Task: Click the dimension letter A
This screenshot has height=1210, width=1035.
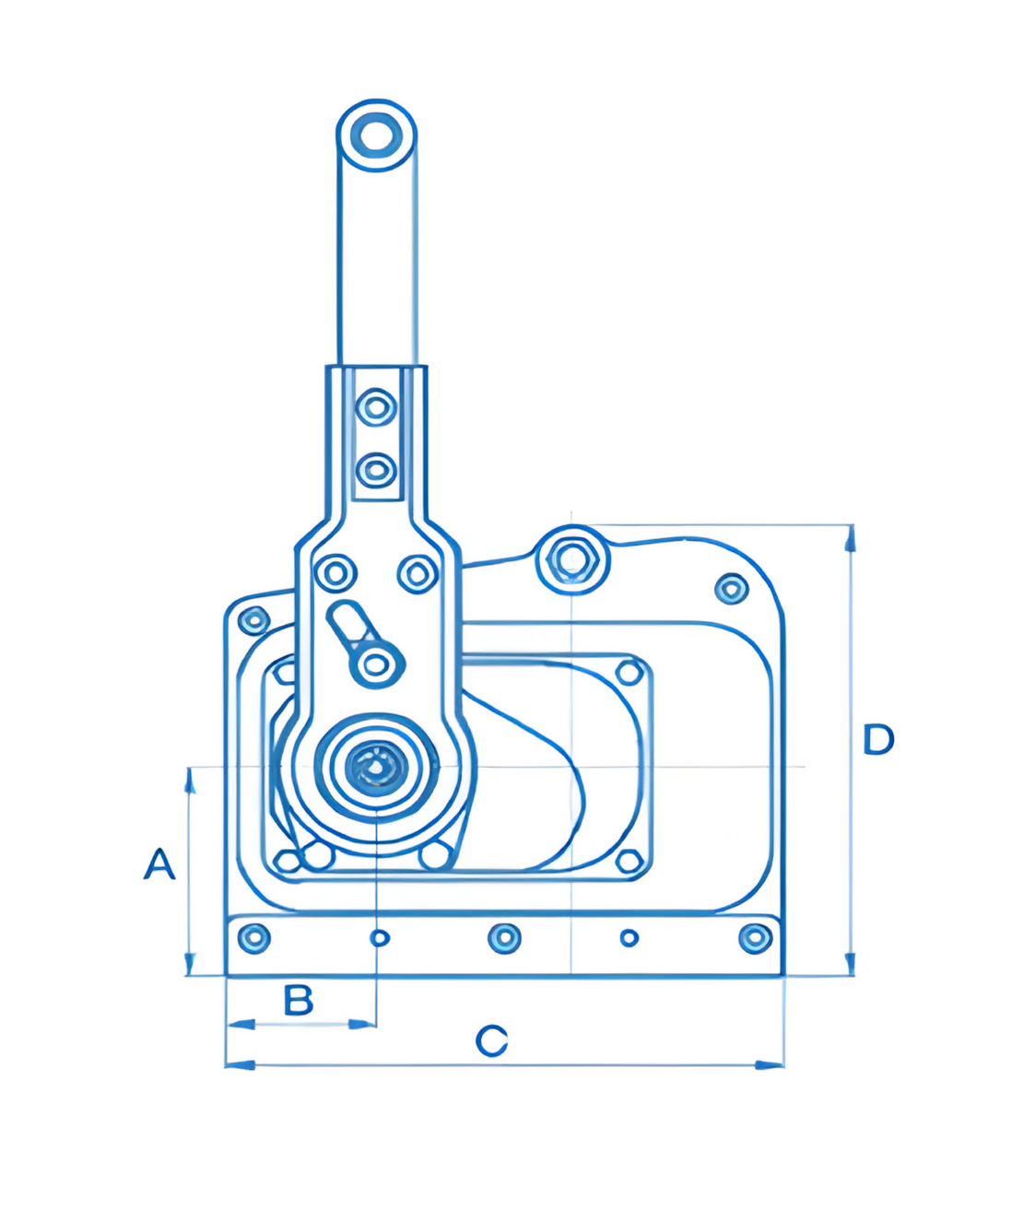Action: click(x=159, y=864)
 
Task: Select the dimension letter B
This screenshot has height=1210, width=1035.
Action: click(x=298, y=1000)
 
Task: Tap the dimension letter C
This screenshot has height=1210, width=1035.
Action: click(x=491, y=1041)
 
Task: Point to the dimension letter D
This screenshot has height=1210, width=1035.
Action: click(x=877, y=739)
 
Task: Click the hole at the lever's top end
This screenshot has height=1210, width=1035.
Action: click(x=375, y=136)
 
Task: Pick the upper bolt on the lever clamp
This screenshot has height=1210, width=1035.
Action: click(x=376, y=406)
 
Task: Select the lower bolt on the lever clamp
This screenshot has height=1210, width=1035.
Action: click(x=376, y=470)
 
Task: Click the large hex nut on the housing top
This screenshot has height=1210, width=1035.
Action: click(x=572, y=559)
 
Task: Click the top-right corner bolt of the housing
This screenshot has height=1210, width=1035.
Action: click(x=732, y=587)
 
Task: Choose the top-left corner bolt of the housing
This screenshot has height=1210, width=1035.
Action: click(x=253, y=619)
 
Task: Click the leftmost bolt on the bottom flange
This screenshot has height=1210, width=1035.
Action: click(x=253, y=938)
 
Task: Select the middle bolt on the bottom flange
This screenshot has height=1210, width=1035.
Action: click(x=503, y=938)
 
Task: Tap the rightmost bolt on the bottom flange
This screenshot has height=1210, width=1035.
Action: click(x=755, y=938)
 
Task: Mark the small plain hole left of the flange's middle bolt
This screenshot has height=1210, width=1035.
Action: click(x=379, y=938)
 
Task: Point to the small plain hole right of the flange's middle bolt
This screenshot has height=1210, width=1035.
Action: click(x=629, y=938)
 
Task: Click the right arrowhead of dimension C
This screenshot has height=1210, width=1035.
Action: click(x=770, y=1064)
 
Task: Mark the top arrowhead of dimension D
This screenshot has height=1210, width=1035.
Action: click(x=850, y=538)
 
